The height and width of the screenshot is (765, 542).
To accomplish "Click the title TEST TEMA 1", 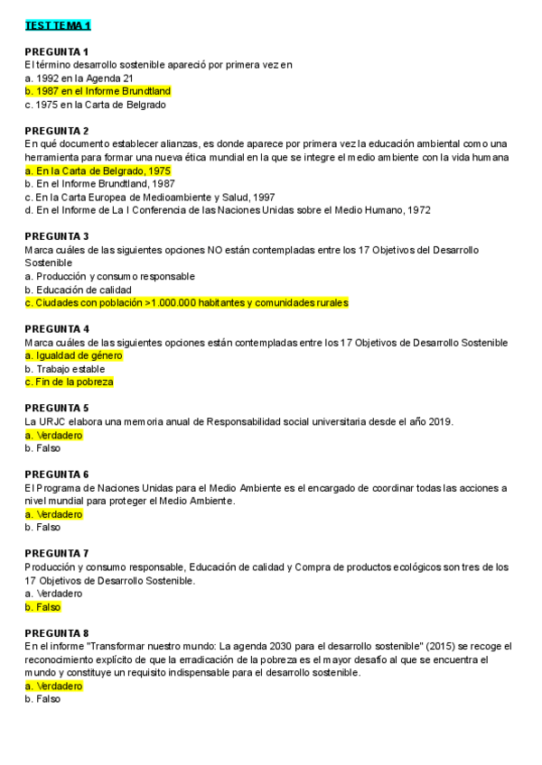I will click(x=58, y=25).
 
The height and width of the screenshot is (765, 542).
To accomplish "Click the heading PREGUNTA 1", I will click(x=56, y=51).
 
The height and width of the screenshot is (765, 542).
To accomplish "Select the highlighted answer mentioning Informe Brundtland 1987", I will click(x=98, y=91).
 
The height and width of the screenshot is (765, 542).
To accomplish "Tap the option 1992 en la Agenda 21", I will click(x=79, y=78).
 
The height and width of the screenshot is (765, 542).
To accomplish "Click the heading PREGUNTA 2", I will click(x=56, y=131).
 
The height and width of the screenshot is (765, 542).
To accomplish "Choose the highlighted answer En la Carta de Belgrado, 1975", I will click(x=98, y=171).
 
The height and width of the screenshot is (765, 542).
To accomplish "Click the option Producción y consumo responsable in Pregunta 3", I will click(x=109, y=276).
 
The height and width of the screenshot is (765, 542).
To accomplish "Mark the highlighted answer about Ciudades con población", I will click(x=186, y=303).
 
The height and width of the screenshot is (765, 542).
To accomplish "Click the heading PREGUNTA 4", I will click(x=56, y=329).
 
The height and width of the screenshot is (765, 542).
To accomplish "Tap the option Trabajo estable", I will click(x=70, y=369).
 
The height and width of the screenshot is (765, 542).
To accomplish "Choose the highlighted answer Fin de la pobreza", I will click(x=70, y=382).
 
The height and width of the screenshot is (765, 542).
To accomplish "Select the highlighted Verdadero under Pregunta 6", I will click(x=53, y=514).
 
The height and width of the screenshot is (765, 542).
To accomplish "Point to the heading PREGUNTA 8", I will click(x=56, y=633).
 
